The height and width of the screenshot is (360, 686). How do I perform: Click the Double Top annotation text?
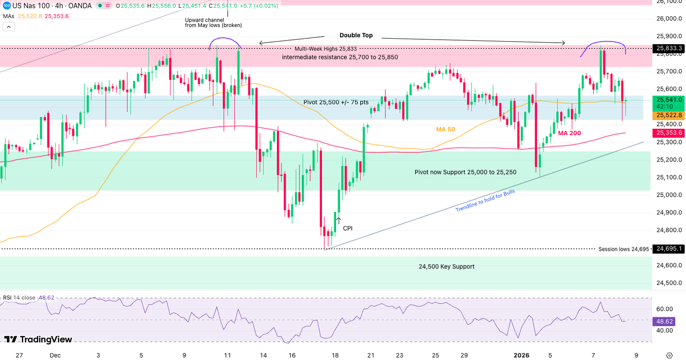pos(356,36)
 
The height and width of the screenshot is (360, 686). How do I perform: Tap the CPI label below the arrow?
pos(347,228)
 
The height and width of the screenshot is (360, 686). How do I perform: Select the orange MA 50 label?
pos(445,129)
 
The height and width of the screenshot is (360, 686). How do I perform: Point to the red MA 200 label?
pos(569,133)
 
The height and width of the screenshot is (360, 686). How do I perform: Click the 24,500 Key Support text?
pos(446,267)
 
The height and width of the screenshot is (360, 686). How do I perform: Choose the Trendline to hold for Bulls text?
pos(485,201)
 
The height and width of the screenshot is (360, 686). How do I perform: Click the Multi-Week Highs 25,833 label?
pos(325,49)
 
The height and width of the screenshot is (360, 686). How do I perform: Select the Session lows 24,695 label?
pos(624,249)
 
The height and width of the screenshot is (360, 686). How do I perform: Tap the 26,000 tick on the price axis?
pos(669,19)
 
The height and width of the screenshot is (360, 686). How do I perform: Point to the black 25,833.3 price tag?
pos(669,48)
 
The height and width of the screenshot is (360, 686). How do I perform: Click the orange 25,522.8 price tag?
pos(669,115)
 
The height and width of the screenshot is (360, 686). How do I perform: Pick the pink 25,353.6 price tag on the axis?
pos(669,133)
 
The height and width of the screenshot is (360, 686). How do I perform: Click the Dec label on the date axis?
pos(55,356)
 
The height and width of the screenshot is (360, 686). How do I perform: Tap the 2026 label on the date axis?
pos(521,356)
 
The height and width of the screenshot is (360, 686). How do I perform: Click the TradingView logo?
pos(38,339)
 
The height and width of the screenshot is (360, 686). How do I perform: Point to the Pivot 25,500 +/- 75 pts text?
pos(336,102)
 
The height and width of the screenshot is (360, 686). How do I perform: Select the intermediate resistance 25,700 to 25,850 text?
pos(340,57)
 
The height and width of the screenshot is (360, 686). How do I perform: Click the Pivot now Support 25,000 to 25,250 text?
pos(465,172)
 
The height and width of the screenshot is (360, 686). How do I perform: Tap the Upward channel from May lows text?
pos(213,23)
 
